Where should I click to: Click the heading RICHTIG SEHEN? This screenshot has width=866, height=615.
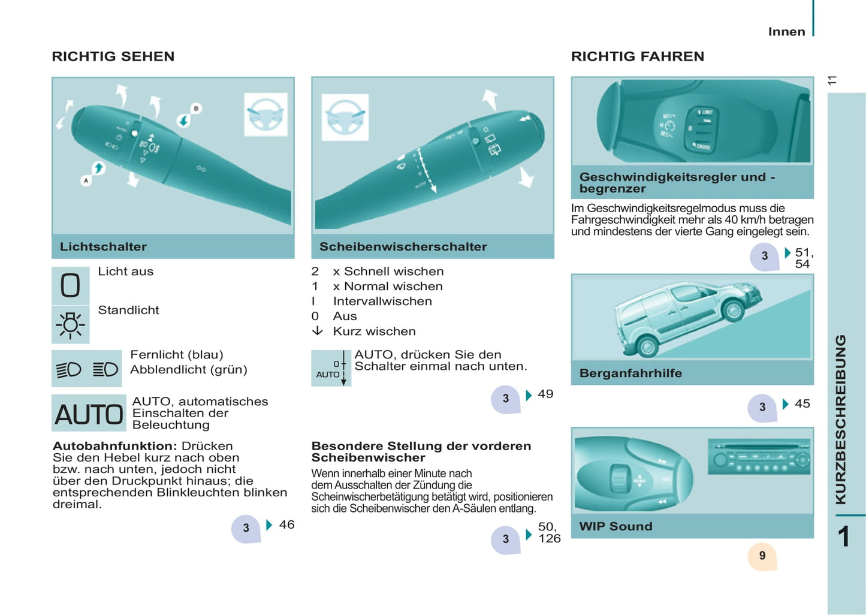click(113, 56)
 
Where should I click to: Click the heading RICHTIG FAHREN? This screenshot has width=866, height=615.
click(638, 56)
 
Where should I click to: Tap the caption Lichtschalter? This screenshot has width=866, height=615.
click(103, 246)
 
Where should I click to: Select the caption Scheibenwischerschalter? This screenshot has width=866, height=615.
click(403, 246)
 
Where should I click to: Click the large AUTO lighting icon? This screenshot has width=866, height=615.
click(89, 413)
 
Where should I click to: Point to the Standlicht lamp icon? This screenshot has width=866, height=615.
click(70, 324)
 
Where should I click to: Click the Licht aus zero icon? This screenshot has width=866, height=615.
click(70, 285)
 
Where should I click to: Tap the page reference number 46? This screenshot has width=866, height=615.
click(286, 524)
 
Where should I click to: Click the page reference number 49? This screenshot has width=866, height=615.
click(545, 394)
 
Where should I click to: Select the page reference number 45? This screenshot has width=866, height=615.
click(802, 403)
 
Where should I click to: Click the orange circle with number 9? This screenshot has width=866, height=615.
click(762, 556)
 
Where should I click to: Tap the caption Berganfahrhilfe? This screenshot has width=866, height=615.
click(630, 373)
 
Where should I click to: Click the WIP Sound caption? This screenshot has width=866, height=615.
click(615, 526)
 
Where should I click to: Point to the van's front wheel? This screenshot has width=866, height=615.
click(733, 310)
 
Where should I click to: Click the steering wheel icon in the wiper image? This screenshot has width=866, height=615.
click(345, 117)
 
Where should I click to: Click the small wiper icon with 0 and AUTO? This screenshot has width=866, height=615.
click(331, 368)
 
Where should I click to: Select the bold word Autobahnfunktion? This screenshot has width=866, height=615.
click(115, 445)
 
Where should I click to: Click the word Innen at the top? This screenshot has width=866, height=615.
click(786, 32)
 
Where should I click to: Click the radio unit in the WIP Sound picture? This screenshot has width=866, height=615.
click(759, 456)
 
